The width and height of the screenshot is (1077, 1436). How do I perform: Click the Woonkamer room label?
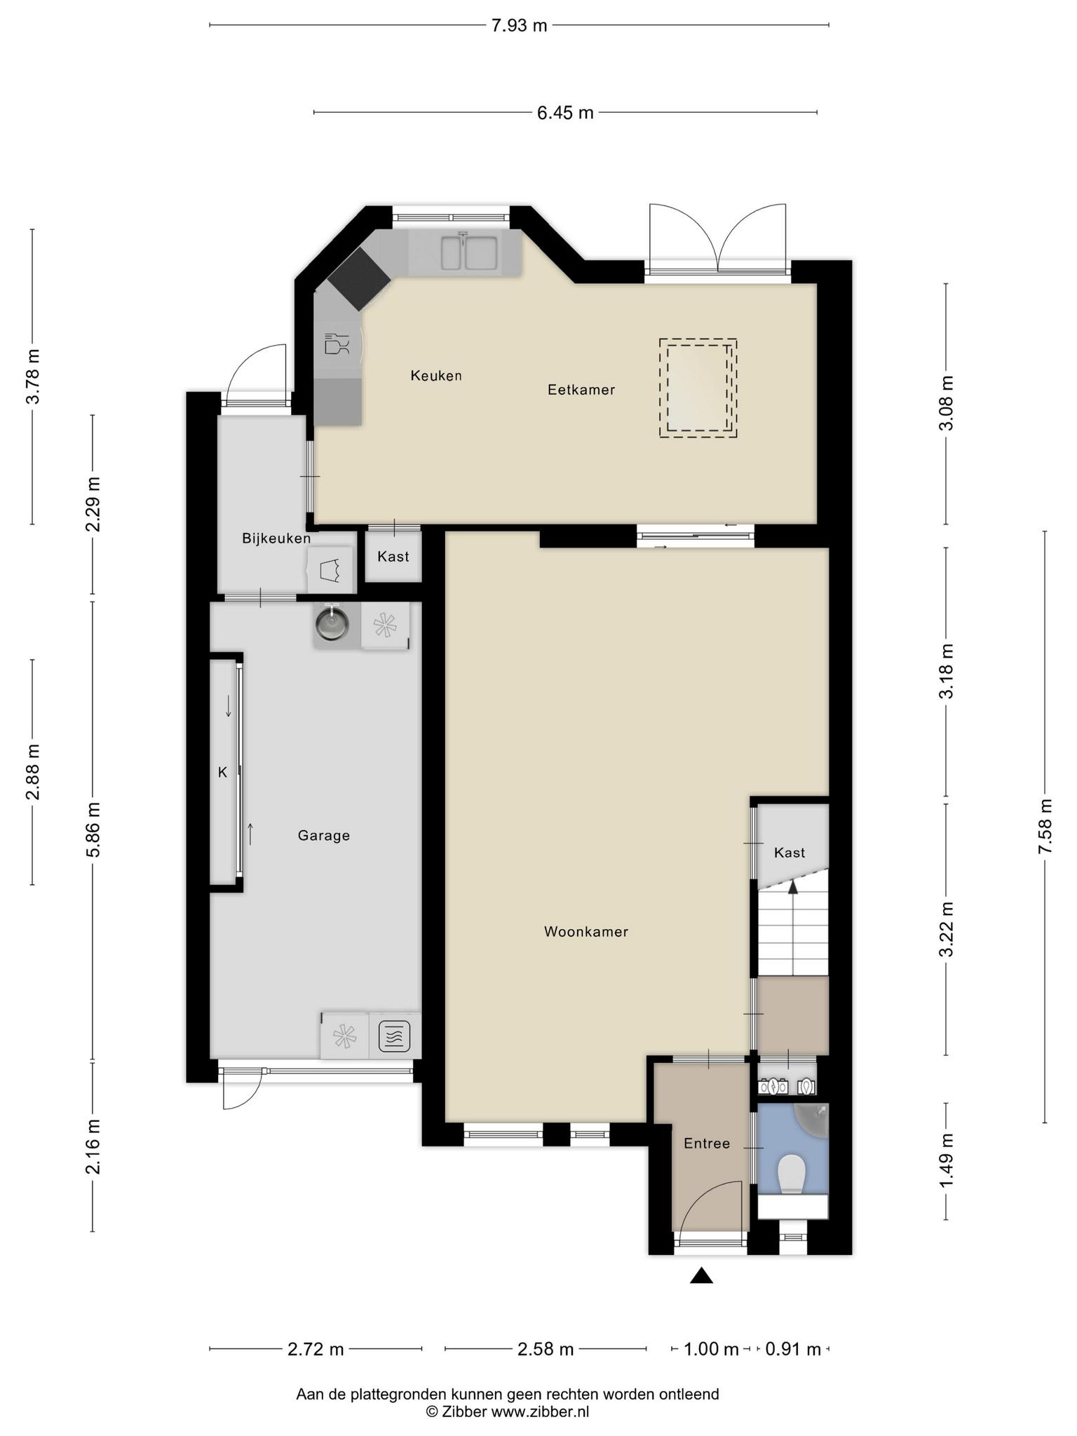coord(586,932)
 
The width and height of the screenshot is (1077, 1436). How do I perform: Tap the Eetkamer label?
coord(581,390)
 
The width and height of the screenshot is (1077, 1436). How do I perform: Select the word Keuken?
coord(436,376)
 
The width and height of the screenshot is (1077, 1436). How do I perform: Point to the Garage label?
coord(324,836)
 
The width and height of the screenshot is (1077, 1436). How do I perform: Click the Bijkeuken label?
coord(276,538)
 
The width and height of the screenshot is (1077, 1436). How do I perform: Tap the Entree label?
coord(707,1144)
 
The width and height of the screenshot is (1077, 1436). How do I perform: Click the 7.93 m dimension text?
coord(519,25)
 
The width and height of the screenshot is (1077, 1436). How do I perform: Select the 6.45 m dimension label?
coord(565,112)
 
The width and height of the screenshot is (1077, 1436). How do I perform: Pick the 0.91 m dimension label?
coord(793,1349)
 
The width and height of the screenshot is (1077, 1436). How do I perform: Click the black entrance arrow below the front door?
coord(701,1275)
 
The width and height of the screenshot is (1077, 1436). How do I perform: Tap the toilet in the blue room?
coord(792,1174)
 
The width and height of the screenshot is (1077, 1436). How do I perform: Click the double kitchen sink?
coord(469,252)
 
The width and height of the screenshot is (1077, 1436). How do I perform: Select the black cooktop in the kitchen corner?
coord(359,278)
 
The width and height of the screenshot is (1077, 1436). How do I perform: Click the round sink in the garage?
coord(332,623)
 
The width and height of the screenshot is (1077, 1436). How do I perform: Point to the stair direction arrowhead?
coord(793,886)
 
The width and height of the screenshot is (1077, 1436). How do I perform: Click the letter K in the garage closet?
coord(223,773)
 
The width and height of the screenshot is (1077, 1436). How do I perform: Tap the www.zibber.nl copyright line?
coord(508,1411)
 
